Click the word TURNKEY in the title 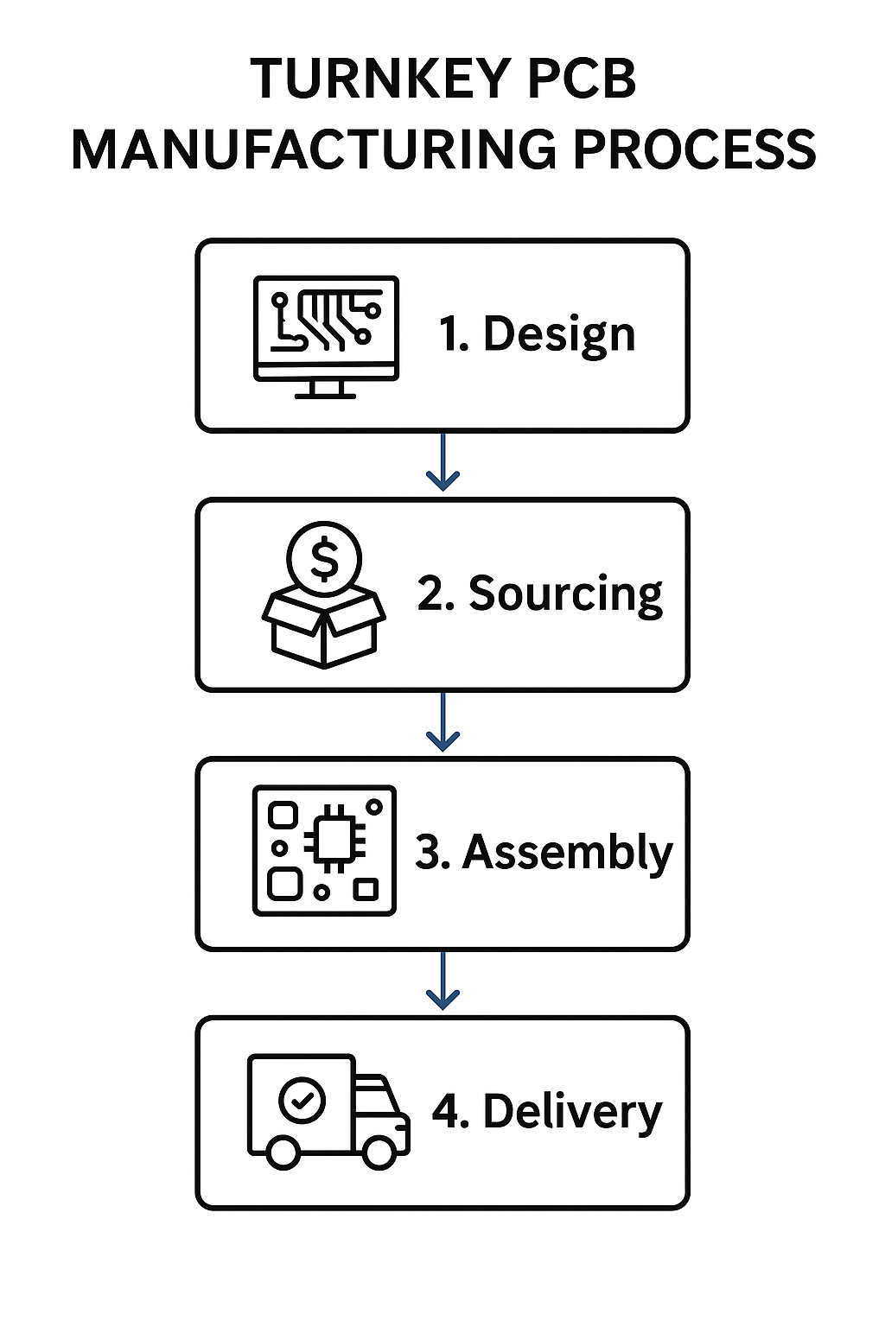point(380,79)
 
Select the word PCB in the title point(582,79)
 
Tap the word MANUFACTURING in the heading point(314,149)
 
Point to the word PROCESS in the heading point(694,149)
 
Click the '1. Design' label point(537,334)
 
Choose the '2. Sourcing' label point(539,594)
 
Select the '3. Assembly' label point(544,853)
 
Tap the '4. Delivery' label point(546,1112)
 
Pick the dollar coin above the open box point(324,558)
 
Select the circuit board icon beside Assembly point(324,851)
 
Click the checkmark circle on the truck point(302,1100)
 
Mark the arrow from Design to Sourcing point(442,463)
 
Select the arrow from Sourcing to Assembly point(442,722)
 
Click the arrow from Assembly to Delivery point(442,981)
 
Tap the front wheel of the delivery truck point(379,1152)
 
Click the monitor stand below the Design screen point(325,390)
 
